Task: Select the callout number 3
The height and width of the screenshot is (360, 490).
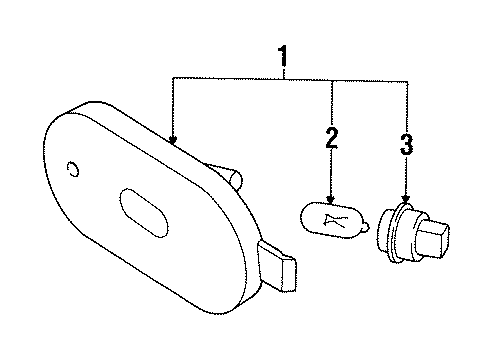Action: tap(405, 144)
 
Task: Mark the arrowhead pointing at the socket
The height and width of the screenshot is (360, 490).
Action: tap(405, 201)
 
